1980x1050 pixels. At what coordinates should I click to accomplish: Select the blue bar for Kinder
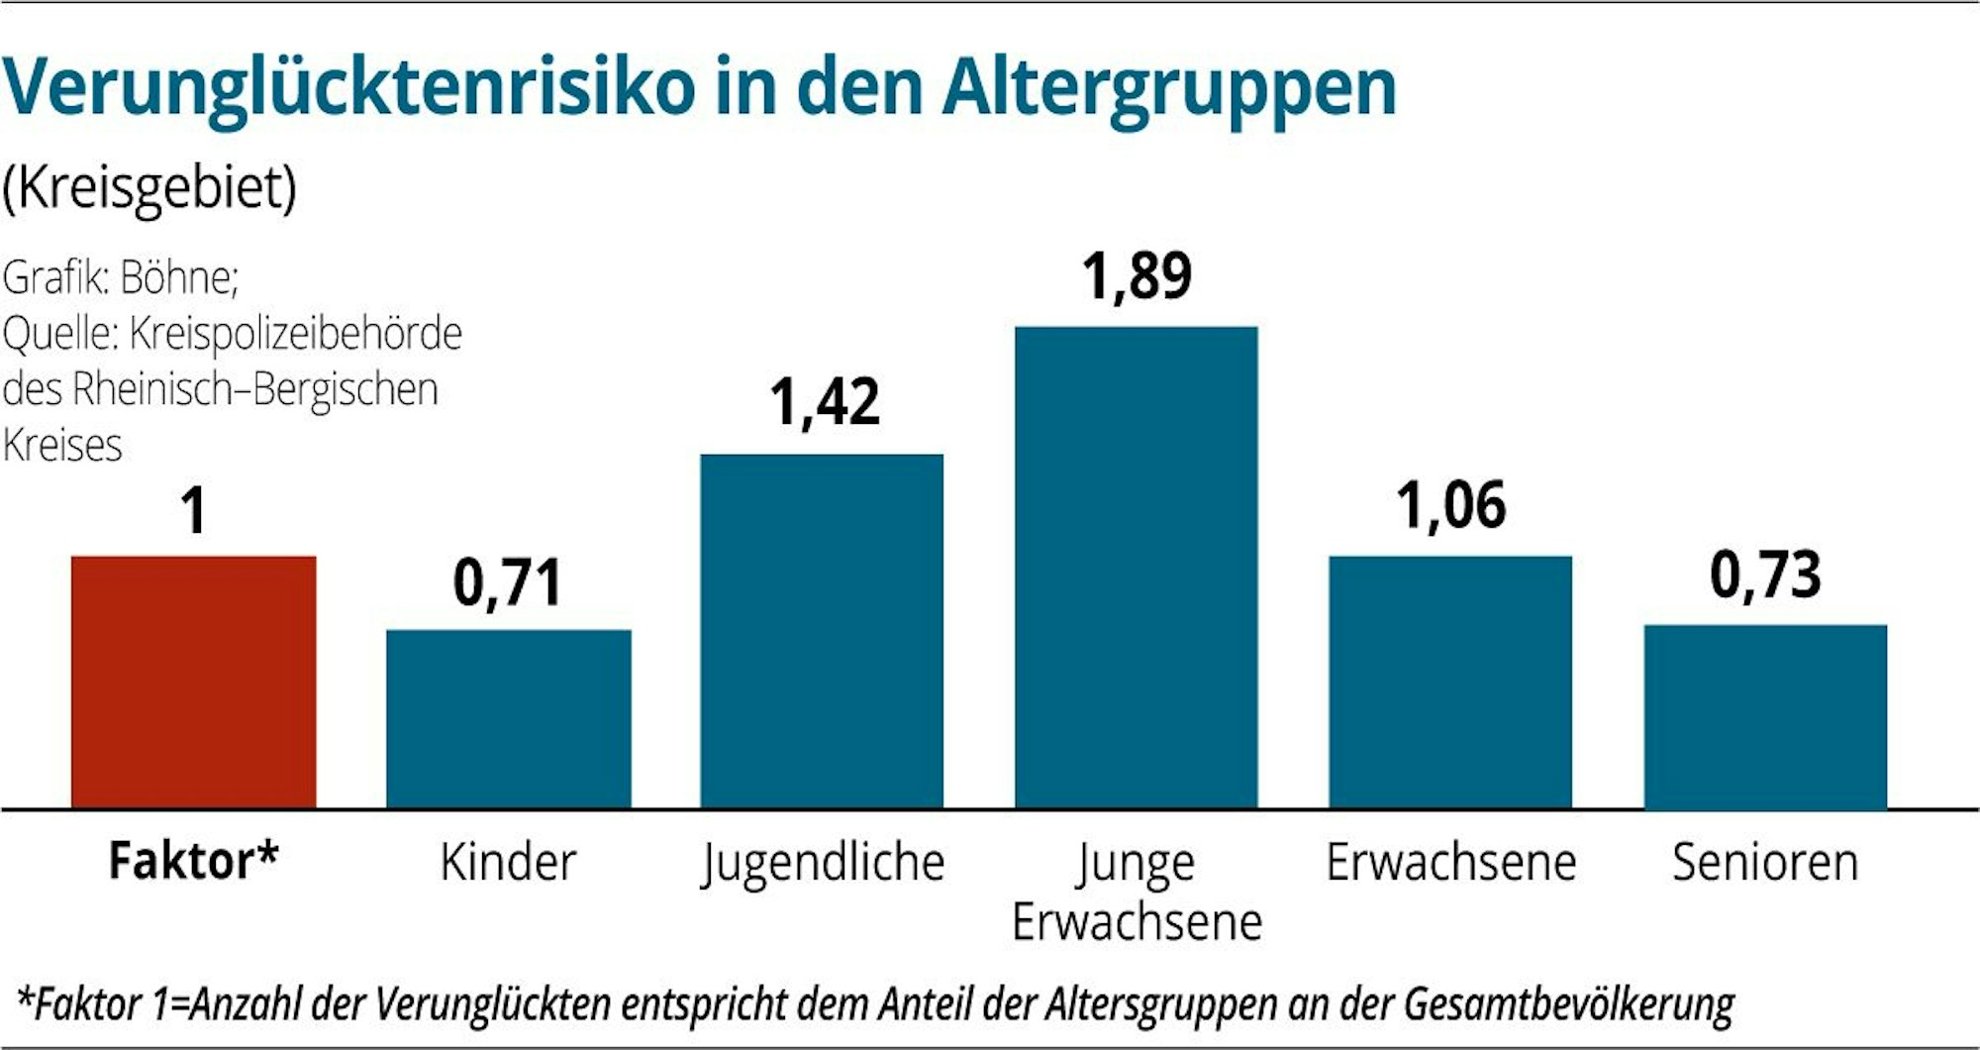[508, 719]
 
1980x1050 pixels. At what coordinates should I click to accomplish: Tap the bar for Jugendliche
[822, 631]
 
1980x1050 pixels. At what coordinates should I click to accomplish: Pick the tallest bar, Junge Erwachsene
[1137, 567]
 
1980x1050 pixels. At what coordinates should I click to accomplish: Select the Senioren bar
[1765, 716]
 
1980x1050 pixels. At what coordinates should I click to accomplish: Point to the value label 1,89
[1137, 276]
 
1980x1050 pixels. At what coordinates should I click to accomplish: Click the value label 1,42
[824, 403]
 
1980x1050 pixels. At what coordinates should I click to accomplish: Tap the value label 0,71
[507, 582]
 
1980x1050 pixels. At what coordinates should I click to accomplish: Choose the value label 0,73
[1765, 576]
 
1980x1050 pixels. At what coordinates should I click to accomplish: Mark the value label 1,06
[1451, 505]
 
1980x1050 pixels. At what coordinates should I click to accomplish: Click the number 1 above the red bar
[194, 512]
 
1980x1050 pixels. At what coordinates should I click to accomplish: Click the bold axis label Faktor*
[194, 861]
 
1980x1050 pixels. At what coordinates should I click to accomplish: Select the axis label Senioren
[1765, 862]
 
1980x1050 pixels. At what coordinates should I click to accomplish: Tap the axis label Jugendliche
[823, 864]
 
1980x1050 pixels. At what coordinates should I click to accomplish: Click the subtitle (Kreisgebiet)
[149, 187]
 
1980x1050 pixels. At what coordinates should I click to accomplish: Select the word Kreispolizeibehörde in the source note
[295, 334]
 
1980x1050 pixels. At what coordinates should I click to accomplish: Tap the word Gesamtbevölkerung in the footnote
[1568, 1004]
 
